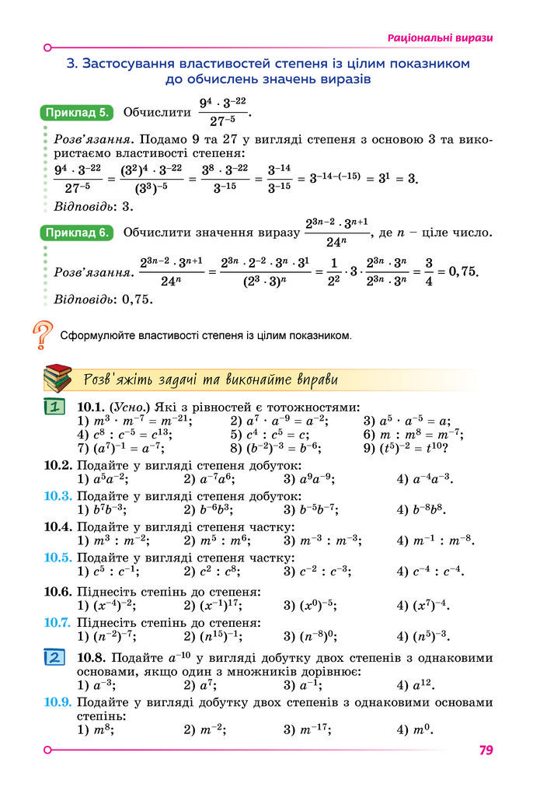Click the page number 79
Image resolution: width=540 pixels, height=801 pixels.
(486, 750)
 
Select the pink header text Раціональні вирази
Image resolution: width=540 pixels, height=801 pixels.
(441, 38)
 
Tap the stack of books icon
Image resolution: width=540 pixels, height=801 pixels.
(57, 379)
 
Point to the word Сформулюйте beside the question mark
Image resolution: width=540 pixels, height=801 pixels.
(98, 337)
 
